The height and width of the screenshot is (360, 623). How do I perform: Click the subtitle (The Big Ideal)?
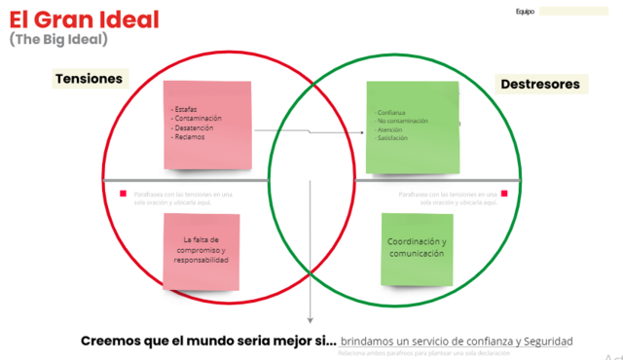pyautogui.click(x=58, y=40)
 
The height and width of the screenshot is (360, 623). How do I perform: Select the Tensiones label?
pyautogui.click(x=89, y=79)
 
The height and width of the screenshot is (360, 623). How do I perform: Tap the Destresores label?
pyautogui.click(x=540, y=85)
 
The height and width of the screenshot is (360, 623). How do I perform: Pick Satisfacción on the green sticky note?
pyautogui.click(x=392, y=138)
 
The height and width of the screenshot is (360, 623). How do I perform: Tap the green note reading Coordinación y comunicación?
pyautogui.click(x=417, y=248)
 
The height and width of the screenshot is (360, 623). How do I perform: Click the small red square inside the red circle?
pyautogui.click(x=124, y=194)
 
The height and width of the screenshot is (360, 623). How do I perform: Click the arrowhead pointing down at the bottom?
pyautogui.click(x=311, y=317)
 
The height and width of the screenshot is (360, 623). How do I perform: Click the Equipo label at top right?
pyautogui.click(x=525, y=12)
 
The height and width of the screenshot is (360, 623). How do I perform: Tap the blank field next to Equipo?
pyautogui.click(x=573, y=12)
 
